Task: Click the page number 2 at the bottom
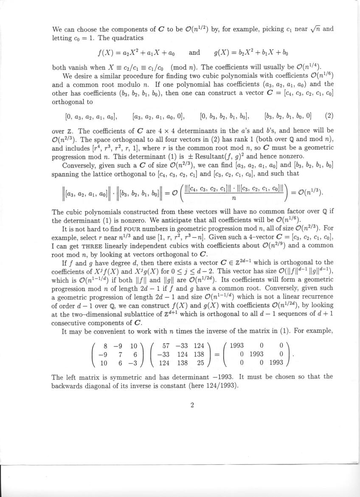pyautogui.click(x=192, y=405)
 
